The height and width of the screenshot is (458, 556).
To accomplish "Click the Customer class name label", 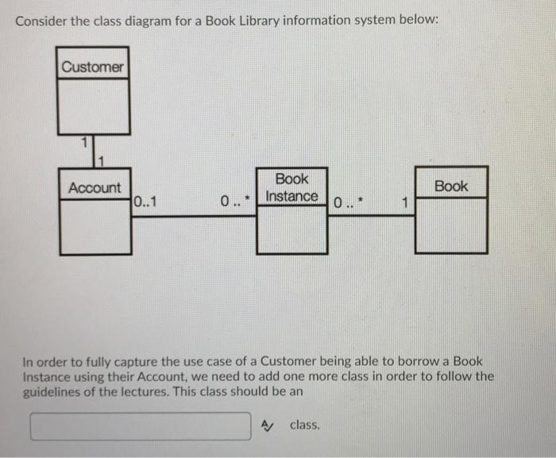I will (x=93, y=67).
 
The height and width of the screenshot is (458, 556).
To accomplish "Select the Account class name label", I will (x=95, y=188).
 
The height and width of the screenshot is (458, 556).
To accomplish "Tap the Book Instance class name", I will (x=292, y=188).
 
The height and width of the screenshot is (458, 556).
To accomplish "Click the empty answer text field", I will (x=141, y=426).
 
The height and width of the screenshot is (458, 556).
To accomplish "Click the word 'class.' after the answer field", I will (x=305, y=425).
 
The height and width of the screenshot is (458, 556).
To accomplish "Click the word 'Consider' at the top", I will (x=41, y=20).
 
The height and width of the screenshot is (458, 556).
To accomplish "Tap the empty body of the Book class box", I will (x=451, y=225).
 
